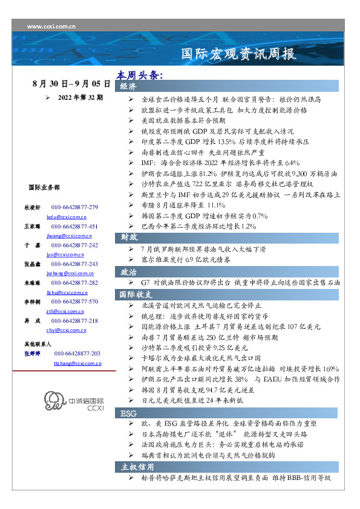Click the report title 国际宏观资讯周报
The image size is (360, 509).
(240, 54)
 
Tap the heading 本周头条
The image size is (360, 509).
(140, 76)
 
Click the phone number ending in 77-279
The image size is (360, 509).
(74, 207)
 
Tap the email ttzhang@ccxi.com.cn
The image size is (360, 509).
(77, 363)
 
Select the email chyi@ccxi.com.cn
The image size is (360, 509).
(65, 330)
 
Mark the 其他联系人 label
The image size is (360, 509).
(38, 343)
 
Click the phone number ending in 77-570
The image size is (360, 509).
(74, 301)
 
